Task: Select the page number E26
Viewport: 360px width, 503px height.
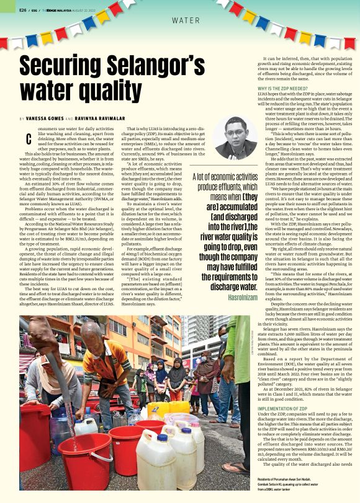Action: [22, 9]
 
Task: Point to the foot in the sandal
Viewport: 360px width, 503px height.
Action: [236, 467]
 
